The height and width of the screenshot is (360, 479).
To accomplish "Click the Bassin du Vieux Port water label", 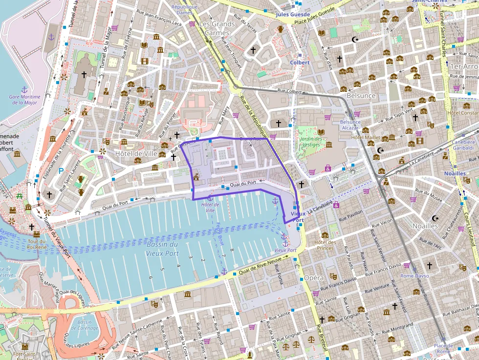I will [x=162, y=249].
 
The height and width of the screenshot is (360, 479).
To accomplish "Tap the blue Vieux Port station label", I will [x=298, y=217].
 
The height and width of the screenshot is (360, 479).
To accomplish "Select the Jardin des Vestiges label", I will [x=311, y=142].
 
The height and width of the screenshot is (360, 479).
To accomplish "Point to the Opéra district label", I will [x=314, y=278].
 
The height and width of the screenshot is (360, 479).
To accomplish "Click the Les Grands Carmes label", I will [x=218, y=28].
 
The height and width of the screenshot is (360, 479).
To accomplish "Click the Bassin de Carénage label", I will [x=85, y=325].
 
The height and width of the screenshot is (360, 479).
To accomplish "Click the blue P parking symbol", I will [x=61, y=171].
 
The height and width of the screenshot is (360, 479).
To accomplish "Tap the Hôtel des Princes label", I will [x=325, y=245].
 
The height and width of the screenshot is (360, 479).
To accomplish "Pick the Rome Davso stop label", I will [x=415, y=276].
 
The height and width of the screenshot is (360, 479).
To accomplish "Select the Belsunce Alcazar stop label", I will [x=350, y=125].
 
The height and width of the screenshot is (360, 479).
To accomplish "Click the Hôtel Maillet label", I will [x=365, y=138].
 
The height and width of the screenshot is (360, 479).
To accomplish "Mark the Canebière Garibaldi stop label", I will [x=463, y=145].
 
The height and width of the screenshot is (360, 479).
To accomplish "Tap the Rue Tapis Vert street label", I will [x=399, y=116].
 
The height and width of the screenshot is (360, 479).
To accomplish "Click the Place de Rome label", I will [x=443, y=349].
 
